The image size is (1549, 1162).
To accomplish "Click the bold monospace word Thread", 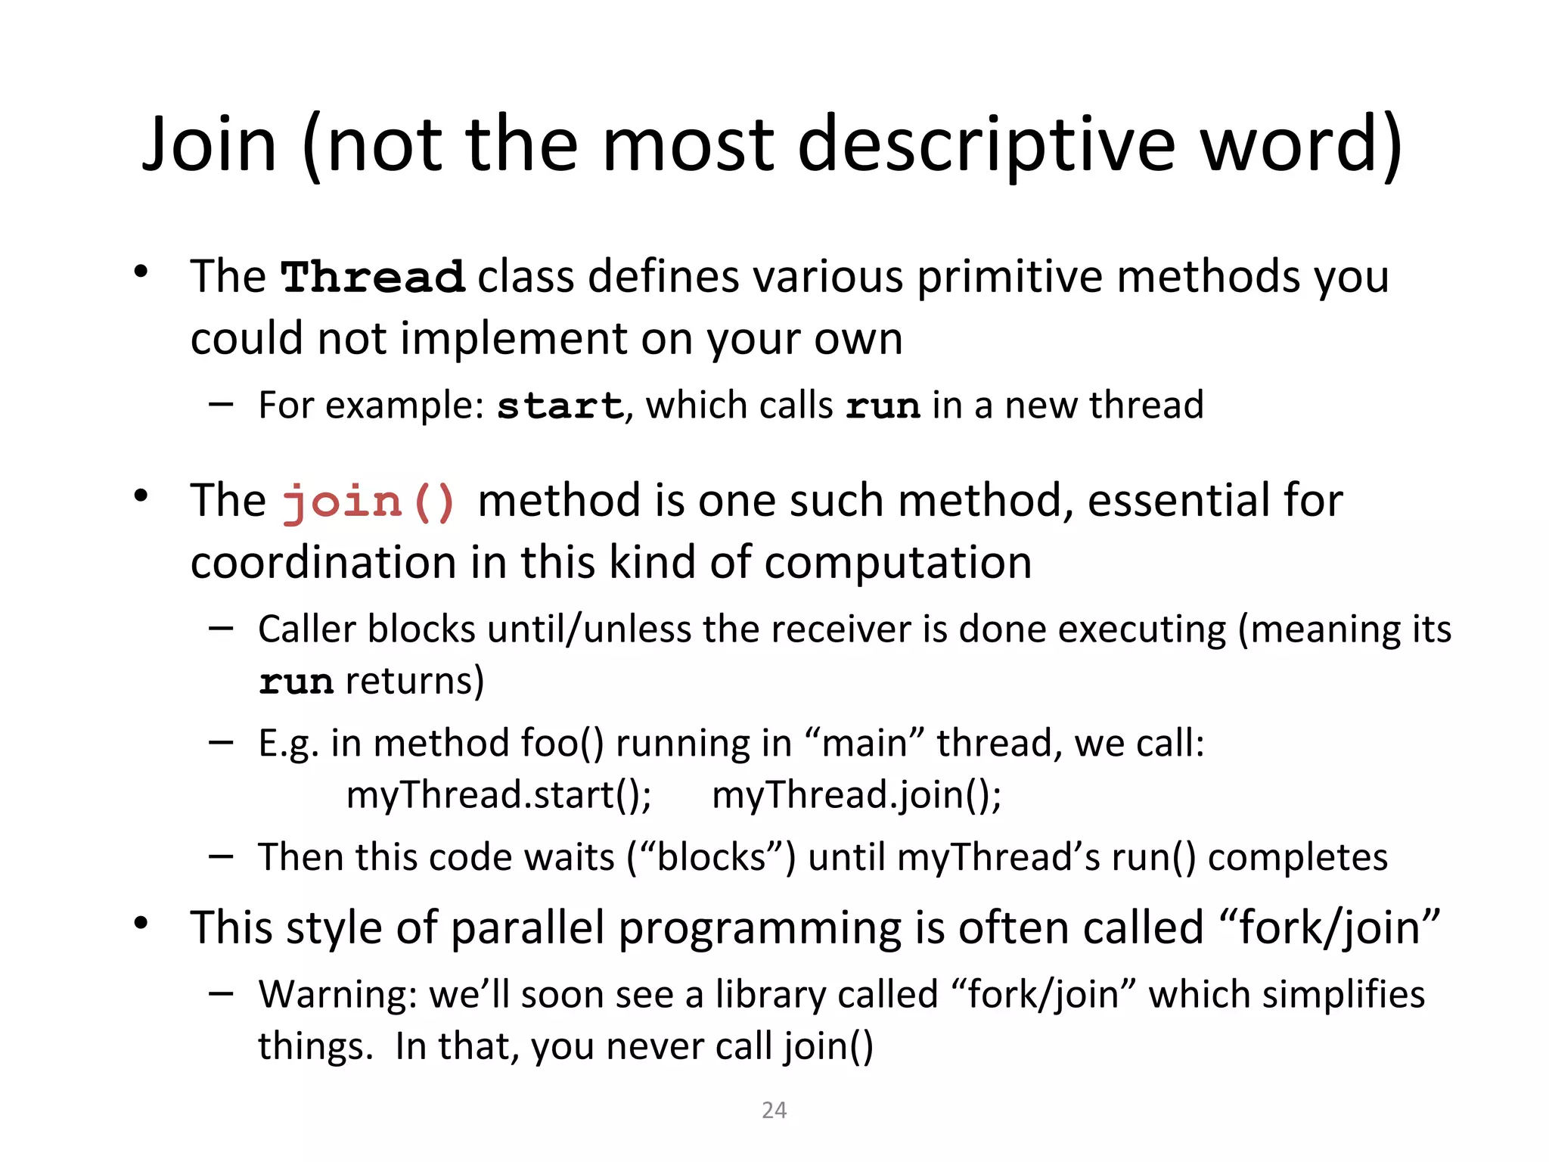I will click(x=372, y=277).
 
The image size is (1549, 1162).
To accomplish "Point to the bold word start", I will click(x=560, y=405).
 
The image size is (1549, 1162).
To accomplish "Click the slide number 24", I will click(x=774, y=1110).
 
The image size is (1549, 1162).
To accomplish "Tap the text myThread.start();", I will click(x=498, y=795).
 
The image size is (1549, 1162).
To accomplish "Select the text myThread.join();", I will click(x=856, y=795).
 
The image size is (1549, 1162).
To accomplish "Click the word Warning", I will click(x=337, y=994).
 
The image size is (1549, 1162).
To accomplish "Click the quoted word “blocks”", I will click(x=712, y=857).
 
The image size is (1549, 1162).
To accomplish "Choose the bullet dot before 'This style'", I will click(x=141, y=924).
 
